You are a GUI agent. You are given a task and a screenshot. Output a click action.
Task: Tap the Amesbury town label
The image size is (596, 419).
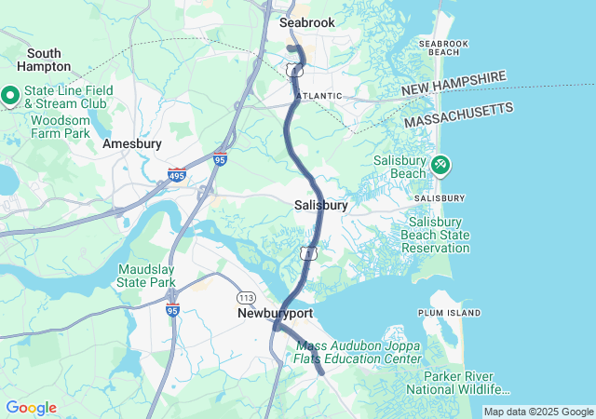click(131, 144)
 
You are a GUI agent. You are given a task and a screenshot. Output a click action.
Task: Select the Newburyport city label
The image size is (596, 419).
click(275, 314)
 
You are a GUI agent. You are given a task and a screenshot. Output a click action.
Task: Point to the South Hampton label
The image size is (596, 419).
click(43, 60)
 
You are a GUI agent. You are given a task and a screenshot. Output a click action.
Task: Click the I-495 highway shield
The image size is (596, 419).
click(177, 174)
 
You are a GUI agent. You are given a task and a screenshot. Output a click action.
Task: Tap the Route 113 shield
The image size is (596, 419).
click(246, 297)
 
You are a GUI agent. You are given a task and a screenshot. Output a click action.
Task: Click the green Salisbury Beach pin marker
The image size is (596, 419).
click(440, 166)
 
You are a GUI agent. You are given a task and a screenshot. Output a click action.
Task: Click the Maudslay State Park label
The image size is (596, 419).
click(146, 276)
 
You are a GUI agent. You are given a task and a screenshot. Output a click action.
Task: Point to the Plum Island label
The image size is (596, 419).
click(450, 313)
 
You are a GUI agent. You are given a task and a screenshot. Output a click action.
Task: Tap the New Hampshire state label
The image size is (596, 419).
click(454, 85)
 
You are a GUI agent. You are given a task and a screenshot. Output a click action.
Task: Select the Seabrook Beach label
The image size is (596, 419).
click(443, 47)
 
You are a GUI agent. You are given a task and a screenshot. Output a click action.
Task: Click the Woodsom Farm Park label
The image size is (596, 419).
click(61, 127)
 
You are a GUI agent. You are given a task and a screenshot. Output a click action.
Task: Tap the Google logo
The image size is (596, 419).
click(31, 408)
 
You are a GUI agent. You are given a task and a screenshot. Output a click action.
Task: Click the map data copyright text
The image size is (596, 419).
click(538, 412)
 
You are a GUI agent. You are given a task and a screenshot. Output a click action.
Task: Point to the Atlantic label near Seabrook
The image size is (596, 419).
click(319, 96)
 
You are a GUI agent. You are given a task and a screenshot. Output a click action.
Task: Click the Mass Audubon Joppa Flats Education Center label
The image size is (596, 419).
click(358, 352)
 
